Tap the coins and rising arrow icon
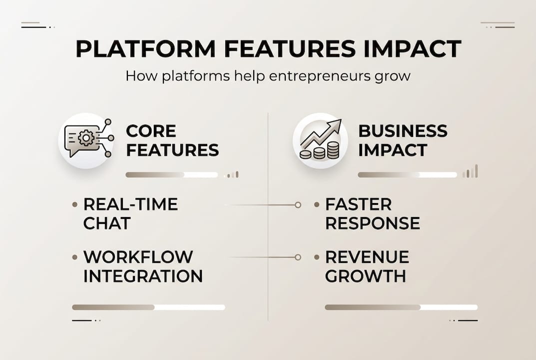tap(320, 139)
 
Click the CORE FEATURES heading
tap(172, 140)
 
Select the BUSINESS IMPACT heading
tap(403, 140)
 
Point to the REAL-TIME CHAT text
tap(130, 213)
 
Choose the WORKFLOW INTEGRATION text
tap(143, 266)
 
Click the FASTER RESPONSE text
tap(372, 213)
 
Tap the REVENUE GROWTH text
tap(367, 266)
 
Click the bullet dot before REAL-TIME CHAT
tap(75, 204)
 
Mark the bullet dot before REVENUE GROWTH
tap(317, 257)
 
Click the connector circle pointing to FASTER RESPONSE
tap(298, 205)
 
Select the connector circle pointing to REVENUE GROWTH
tap(298, 257)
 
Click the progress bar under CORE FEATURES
tap(171, 175)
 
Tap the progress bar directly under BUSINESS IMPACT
tap(407, 175)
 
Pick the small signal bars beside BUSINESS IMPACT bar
tap(470, 172)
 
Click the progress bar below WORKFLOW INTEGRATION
tap(148, 307)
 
